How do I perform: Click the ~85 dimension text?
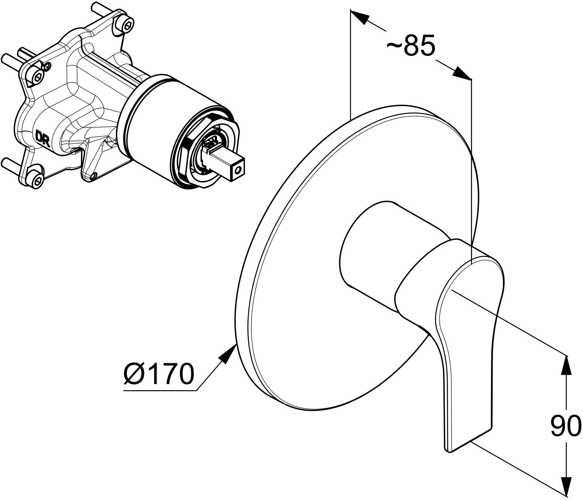pos(411,47)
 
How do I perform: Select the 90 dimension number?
pos(566,426)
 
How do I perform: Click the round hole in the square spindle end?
pos(239,170)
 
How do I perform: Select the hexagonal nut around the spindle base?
pos(191,152)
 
